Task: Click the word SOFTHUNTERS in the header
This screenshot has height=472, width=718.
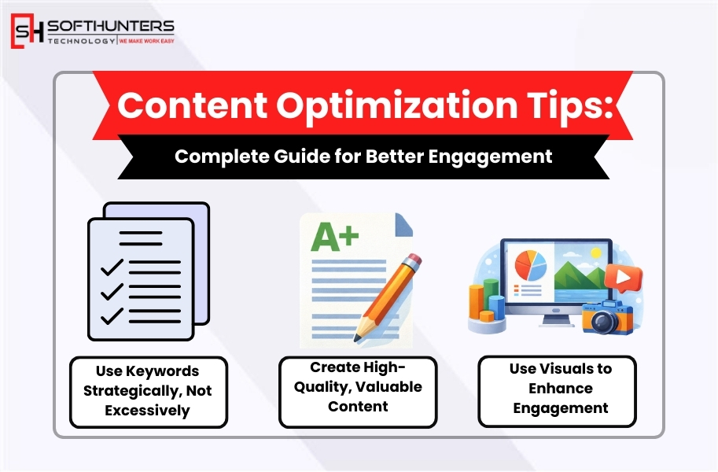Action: point(111,26)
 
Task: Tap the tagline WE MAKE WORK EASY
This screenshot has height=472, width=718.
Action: point(146,40)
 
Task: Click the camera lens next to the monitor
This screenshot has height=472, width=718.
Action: point(604,320)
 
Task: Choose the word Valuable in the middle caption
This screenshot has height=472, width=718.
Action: point(388,387)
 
